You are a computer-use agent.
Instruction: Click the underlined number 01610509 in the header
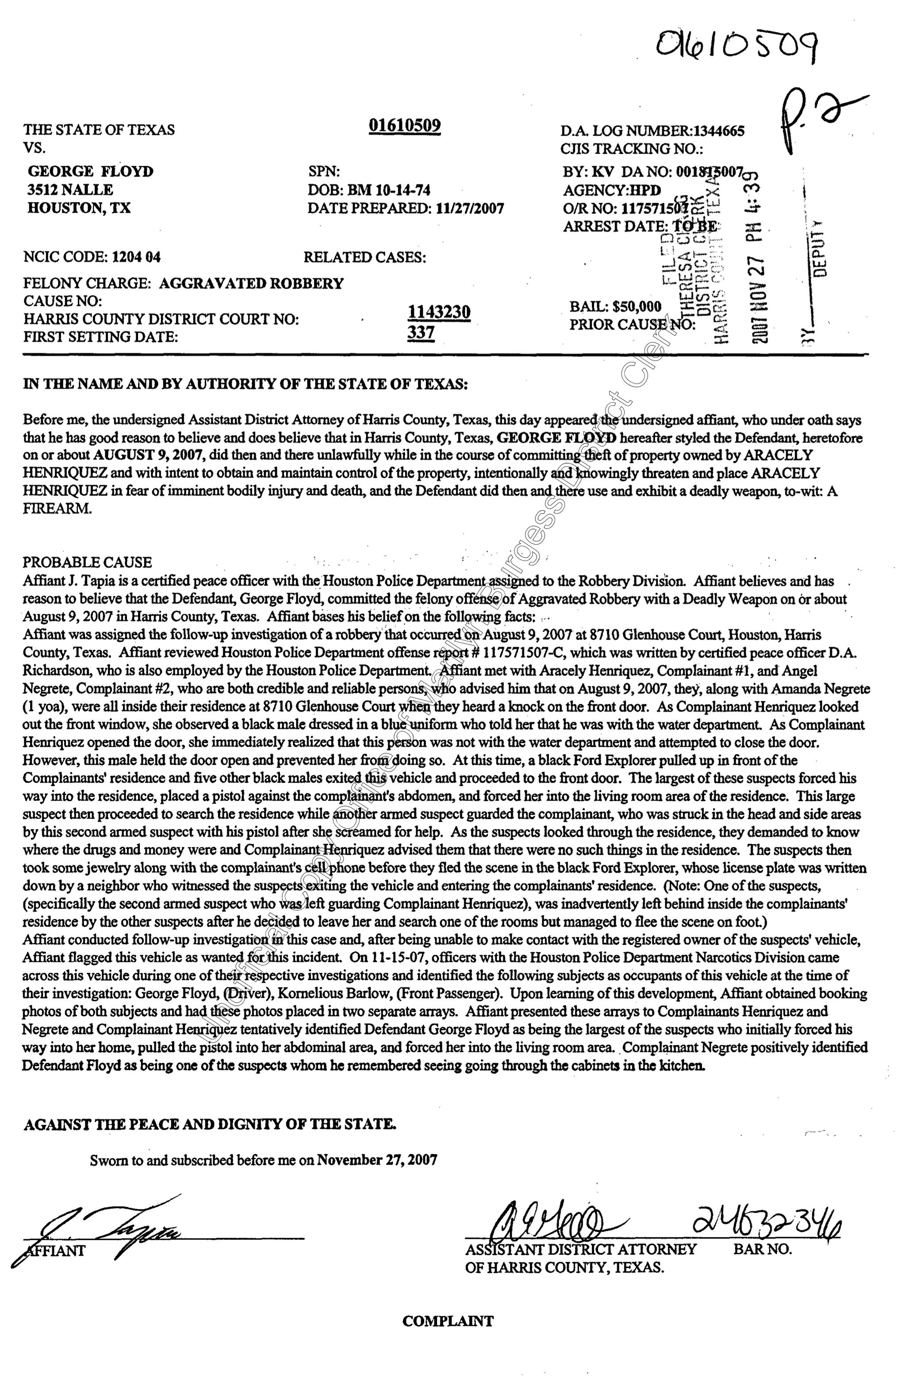(405, 126)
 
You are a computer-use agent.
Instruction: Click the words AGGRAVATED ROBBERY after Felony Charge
(251, 283)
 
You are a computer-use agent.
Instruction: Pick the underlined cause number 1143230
(439, 313)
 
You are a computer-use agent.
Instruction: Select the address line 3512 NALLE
(70, 190)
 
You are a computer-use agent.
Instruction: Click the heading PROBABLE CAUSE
(87, 562)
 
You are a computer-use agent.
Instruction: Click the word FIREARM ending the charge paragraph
(57, 509)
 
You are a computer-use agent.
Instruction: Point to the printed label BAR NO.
(763, 1249)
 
